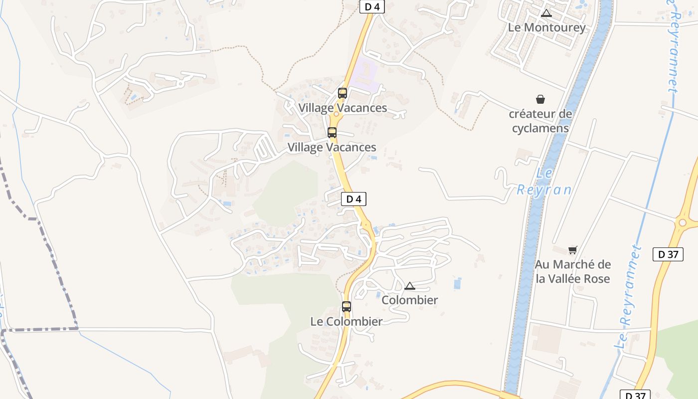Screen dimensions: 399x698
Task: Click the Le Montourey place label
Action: [x=546, y=27]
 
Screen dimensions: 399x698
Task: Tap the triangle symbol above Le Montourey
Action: [x=546, y=13]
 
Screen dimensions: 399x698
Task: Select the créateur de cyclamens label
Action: [x=540, y=121]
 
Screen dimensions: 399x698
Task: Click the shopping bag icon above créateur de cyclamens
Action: [x=540, y=100]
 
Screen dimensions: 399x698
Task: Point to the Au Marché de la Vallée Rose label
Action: [x=573, y=271]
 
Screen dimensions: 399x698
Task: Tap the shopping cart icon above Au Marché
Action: [x=572, y=250]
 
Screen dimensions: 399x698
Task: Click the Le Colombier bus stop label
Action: [x=347, y=322]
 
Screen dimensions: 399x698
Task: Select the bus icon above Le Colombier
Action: [x=347, y=307]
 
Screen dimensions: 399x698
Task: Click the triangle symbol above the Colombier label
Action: [x=410, y=286]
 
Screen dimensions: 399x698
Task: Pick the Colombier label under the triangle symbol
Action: [x=410, y=300]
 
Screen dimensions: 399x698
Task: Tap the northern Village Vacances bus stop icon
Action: [x=343, y=93]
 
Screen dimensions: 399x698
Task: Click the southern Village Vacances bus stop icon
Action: [x=332, y=133]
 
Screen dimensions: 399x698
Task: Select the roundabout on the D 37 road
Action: [x=682, y=222]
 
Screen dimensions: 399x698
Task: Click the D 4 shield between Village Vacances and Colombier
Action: [x=353, y=199]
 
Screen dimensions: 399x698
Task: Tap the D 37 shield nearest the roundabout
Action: [x=668, y=254]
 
